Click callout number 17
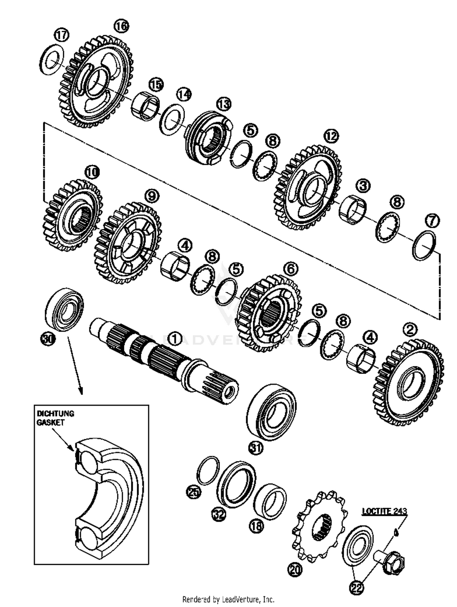[x=62, y=35]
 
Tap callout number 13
[x=224, y=104]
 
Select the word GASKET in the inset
[x=51, y=422]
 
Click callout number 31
[x=256, y=448]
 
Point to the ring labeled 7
[x=424, y=245]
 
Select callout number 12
[x=331, y=136]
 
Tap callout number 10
[x=92, y=172]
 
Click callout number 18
[x=257, y=526]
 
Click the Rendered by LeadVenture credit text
[x=228, y=599]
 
